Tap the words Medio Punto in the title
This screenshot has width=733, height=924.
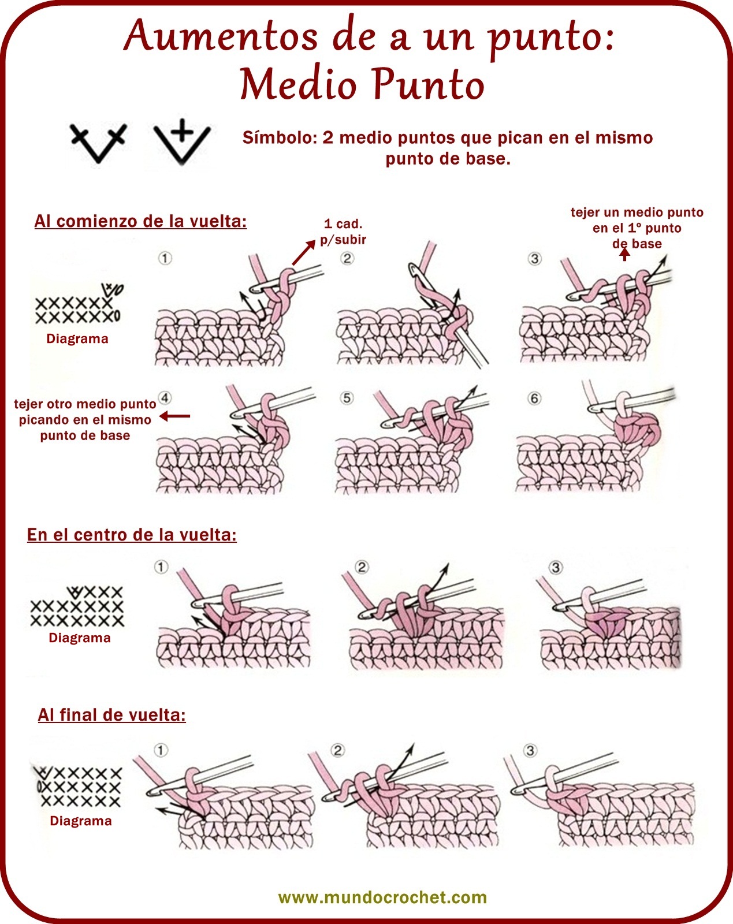point(362,84)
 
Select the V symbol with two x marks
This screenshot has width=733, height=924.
point(99,143)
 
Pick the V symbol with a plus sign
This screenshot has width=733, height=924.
point(182,141)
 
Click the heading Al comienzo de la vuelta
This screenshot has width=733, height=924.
point(141,221)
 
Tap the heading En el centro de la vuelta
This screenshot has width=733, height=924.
point(132,535)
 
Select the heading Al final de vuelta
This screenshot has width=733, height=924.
point(111,715)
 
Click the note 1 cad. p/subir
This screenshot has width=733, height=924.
point(343,232)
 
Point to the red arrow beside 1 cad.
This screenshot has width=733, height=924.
point(304,252)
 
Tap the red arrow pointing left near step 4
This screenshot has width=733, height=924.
point(174,416)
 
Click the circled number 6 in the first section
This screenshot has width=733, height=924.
point(534,398)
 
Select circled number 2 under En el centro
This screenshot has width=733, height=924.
point(362,567)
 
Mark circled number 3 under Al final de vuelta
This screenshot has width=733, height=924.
point(530,750)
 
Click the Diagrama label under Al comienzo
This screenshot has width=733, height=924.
point(77,339)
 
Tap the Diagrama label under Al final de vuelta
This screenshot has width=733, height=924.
point(81,821)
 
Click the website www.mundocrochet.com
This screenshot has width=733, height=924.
point(382,897)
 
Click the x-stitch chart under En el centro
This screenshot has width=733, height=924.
point(77,606)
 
